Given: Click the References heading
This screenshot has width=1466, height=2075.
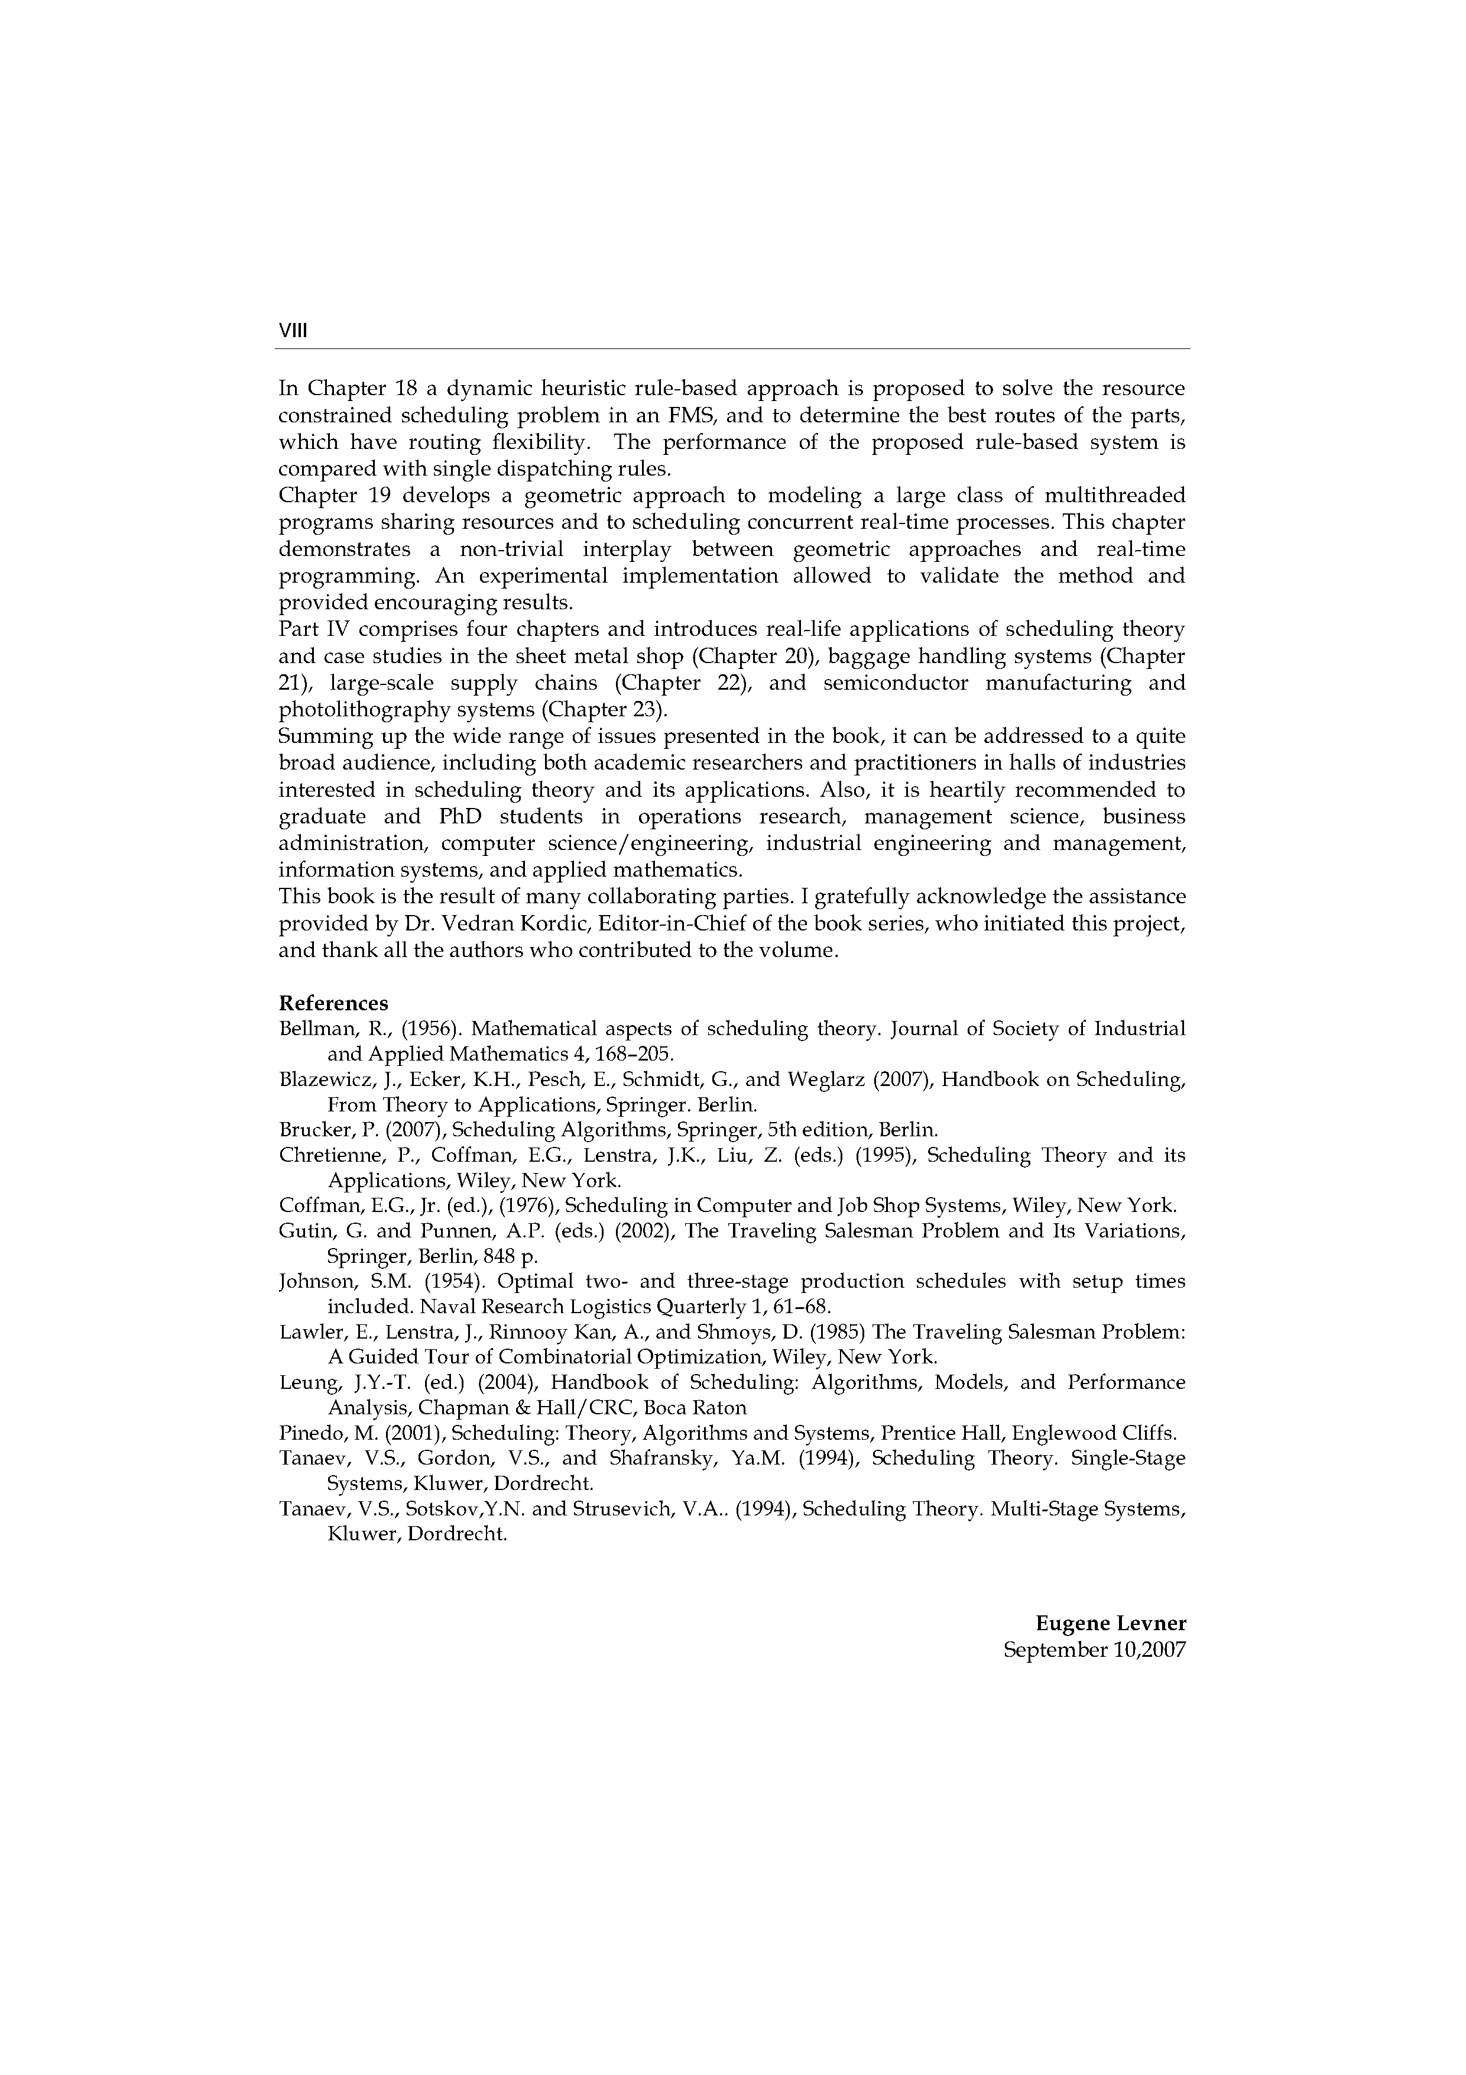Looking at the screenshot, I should (x=333, y=1003).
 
